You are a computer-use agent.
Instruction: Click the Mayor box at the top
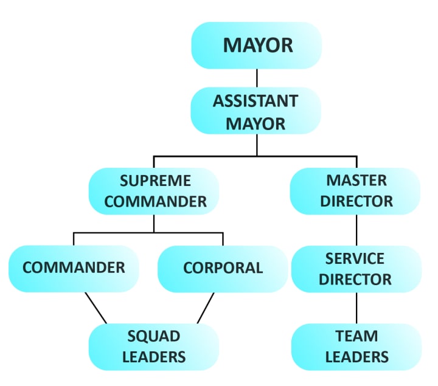[x=256, y=46]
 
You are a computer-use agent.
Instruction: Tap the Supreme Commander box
[x=155, y=191]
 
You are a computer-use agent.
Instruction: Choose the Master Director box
[x=356, y=191]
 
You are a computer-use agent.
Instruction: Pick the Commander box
[x=74, y=268]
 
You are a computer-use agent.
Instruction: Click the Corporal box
[x=223, y=268]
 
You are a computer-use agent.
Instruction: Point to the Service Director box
[x=356, y=269]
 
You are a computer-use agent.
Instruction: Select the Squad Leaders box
[x=154, y=346]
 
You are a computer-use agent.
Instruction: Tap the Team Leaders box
[x=356, y=346]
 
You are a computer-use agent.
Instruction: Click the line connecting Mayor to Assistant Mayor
[x=256, y=78]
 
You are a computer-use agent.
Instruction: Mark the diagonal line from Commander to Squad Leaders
[x=96, y=308]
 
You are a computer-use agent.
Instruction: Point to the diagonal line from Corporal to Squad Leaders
[x=206, y=308]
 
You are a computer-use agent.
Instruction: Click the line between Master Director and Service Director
[x=356, y=230]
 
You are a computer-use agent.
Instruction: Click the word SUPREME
[x=155, y=181]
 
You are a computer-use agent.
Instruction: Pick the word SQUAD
[x=154, y=336]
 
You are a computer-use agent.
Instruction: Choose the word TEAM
[x=356, y=336]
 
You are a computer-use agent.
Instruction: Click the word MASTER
[x=356, y=181]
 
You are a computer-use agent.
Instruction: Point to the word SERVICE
[x=356, y=258]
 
